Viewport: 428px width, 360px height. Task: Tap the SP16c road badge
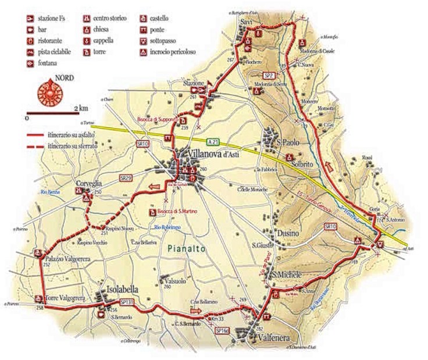point(222,330)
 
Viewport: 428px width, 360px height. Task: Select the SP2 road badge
point(269,76)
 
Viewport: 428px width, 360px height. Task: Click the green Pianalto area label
point(183,248)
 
